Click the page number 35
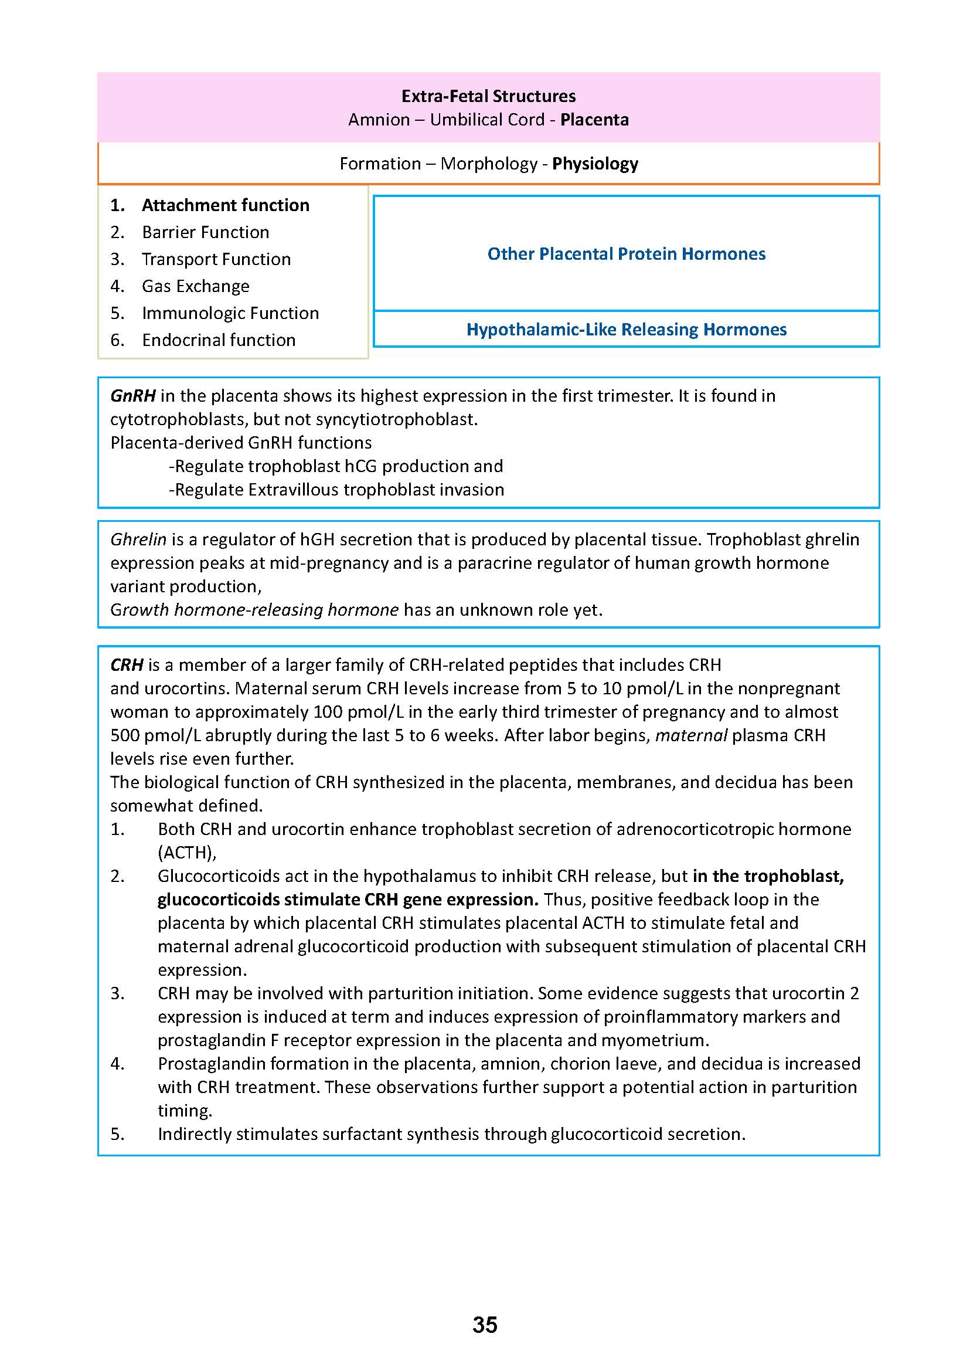(484, 1325)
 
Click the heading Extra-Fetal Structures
(488, 96)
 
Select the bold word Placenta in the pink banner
(594, 120)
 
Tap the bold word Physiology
(595, 164)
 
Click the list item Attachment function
(225, 205)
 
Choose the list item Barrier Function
(206, 232)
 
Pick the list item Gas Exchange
(195, 286)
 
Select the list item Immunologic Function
(230, 313)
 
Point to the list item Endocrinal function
(219, 340)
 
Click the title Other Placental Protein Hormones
(626, 254)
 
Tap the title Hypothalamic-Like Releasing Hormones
(626, 330)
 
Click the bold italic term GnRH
(132, 396)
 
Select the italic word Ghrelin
(138, 539)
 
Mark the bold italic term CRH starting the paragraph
(127, 665)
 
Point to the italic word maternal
(691, 735)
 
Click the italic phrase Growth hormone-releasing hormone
(254, 610)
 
